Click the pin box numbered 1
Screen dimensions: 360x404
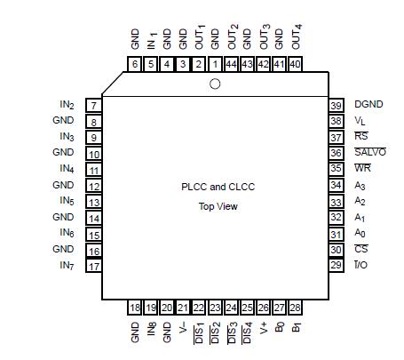tap(215, 64)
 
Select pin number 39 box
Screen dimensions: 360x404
tap(337, 105)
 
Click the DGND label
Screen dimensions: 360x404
tap(368, 105)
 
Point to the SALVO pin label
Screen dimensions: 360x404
tap(370, 153)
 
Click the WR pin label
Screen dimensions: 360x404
tap(362, 169)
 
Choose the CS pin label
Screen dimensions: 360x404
tap(361, 250)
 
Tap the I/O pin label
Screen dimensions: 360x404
tap(360, 266)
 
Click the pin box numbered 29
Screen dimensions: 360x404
tap(337, 266)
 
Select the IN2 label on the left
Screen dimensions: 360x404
tap(67, 105)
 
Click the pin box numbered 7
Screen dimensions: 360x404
tap(93, 106)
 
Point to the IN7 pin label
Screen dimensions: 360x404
tap(67, 266)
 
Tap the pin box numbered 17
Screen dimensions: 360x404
tap(93, 266)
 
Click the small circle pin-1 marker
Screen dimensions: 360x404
tap(215, 84)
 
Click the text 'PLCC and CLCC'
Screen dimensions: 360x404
tap(218, 188)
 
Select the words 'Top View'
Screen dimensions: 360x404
tap(218, 206)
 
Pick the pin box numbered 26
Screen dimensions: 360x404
tap(263, 308)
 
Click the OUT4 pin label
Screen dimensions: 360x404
tap(296, 38)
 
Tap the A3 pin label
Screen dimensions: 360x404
tap(360, 185)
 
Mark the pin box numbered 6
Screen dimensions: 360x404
tap(135, 64)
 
